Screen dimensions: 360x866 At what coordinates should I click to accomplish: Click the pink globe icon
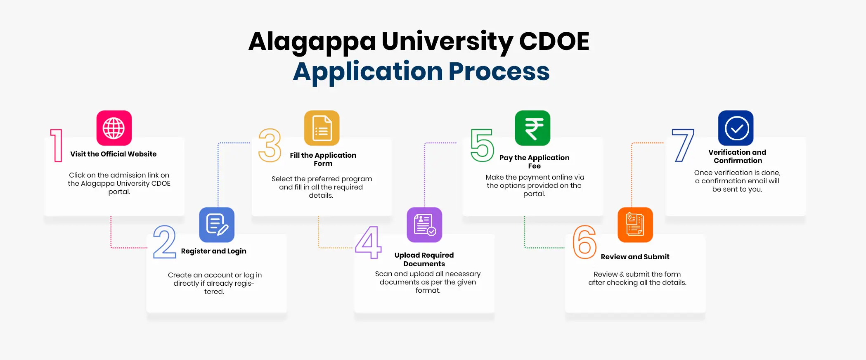114,128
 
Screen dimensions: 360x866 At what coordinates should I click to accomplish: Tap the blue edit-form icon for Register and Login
217,225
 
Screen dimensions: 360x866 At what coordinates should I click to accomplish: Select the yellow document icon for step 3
322,128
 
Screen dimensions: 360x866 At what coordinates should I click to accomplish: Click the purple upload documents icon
424,225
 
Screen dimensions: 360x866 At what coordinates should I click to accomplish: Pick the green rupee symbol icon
532,128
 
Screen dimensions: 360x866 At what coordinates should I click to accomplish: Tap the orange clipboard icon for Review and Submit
635,225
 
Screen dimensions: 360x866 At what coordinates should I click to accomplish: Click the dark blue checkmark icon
736,128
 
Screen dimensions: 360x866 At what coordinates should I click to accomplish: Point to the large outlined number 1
57,145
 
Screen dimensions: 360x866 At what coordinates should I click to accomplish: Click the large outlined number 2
164,242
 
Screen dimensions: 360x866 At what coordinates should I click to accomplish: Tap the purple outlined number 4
368,242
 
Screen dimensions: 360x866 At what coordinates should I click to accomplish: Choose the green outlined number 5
482,145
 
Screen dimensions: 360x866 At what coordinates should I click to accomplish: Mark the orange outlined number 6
584,242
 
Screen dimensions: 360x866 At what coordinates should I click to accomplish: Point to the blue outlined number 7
683,145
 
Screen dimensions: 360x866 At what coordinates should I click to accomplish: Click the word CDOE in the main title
554,42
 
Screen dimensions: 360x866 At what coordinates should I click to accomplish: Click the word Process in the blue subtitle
499,71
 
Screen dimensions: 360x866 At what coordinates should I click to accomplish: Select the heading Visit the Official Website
114,154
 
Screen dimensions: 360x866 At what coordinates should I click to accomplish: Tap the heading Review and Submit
635,257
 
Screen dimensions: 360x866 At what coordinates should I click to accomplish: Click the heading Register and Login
213,251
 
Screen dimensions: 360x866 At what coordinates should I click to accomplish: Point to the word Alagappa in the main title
312,42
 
